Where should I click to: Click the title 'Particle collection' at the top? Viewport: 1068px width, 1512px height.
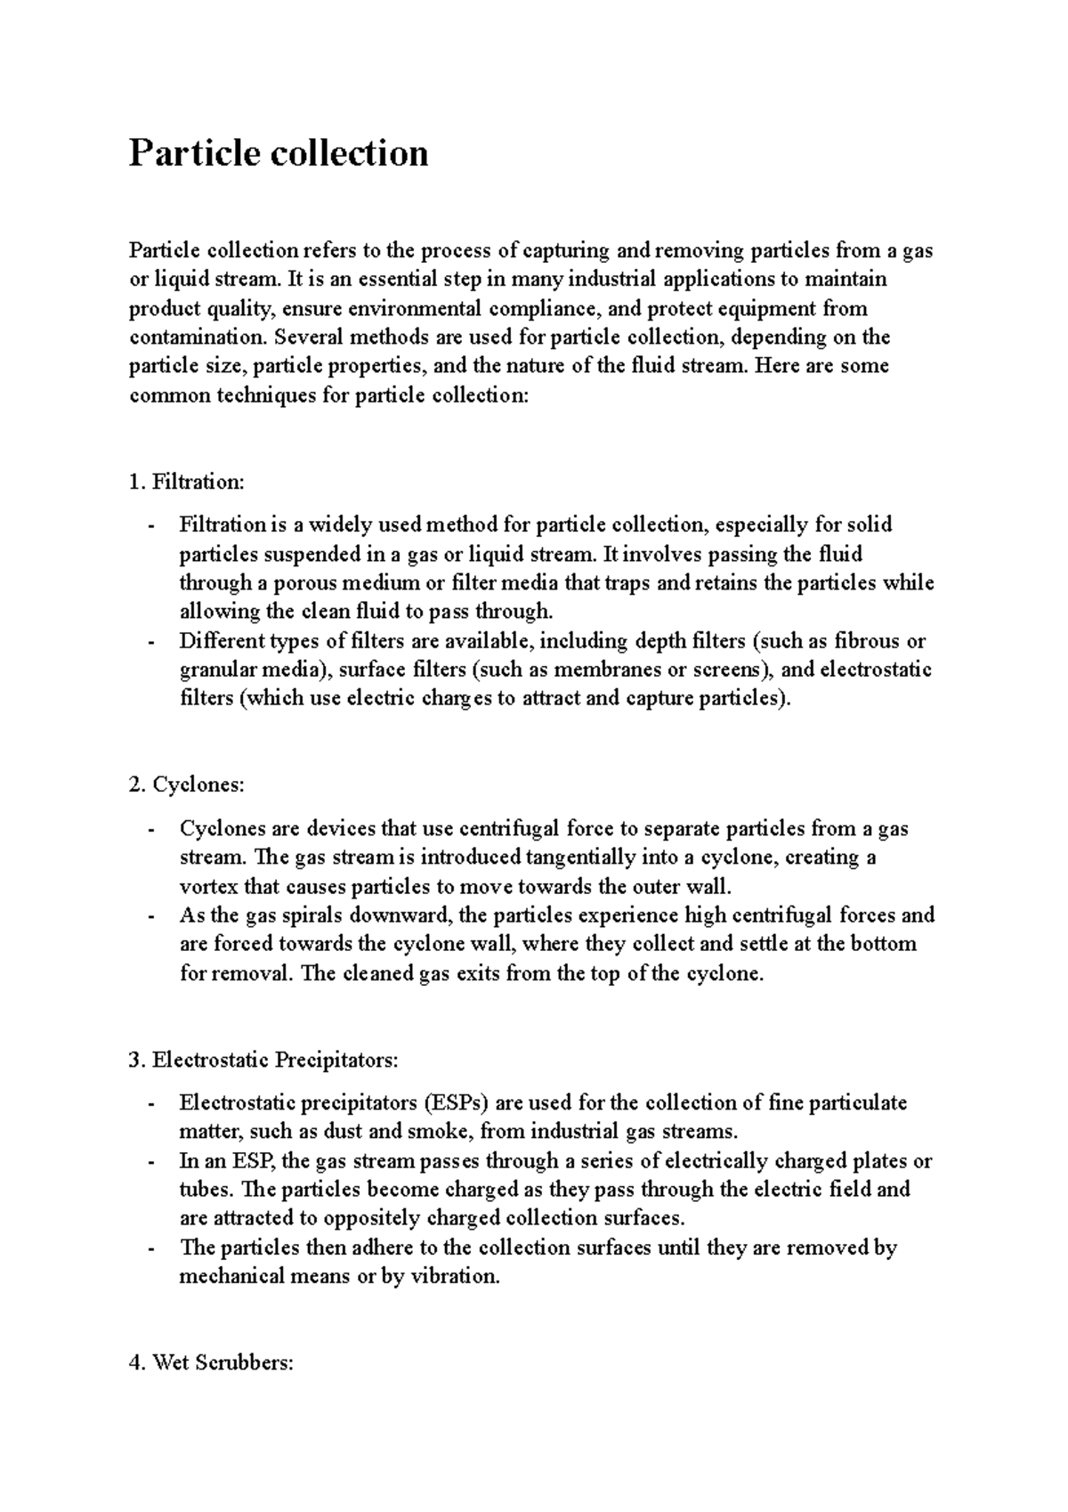(x=279, y=153)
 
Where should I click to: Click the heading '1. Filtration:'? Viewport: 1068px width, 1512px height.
(x=185, y=483)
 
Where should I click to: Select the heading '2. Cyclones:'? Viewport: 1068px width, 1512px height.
(x=185, y=785)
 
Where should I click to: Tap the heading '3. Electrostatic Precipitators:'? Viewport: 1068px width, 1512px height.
(x=263, y=1061)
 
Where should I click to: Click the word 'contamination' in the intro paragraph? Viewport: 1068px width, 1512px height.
(x=197, y=337)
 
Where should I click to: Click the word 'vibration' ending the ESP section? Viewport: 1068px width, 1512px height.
(x=454, y=1277)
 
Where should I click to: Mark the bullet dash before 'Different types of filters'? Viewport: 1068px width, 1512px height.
(x=152, y=642)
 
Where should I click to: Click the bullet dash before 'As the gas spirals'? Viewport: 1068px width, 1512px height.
(x=152, y=916)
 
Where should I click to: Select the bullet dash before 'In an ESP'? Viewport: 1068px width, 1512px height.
(x=152, y=1162)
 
